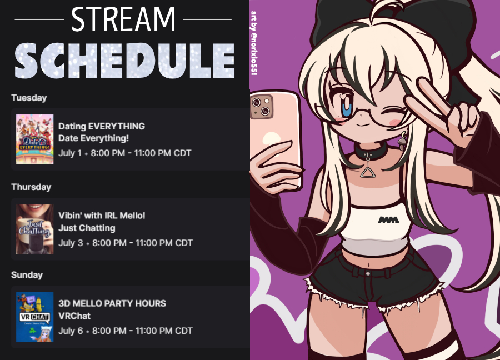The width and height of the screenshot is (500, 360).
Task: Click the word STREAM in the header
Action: [123, 19]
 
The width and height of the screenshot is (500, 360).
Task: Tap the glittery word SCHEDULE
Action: [124, 61]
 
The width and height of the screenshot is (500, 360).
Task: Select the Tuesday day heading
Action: [29, 98]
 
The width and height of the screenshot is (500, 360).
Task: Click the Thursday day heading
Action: [31, 187]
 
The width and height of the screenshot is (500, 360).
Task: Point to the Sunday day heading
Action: [27, 275]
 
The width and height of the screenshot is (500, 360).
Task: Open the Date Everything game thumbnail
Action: [35, 139]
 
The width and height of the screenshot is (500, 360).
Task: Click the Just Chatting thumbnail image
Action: [35, 229]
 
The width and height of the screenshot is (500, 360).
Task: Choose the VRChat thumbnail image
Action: [35, 317]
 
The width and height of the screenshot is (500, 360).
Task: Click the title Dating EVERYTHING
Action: [102, 126]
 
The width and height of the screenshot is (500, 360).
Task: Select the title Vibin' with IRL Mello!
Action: [102, 216]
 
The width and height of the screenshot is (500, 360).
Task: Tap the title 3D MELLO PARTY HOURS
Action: [112, 303]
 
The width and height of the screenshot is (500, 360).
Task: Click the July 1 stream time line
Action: [124, 153]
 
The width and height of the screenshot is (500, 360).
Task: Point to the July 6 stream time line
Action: [126, 331]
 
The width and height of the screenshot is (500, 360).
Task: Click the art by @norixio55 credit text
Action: [254, 43]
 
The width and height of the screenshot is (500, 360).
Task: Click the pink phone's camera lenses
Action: [261, 106]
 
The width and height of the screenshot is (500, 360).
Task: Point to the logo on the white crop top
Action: [388, 219]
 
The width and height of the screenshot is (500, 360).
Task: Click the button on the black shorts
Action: [368, 273]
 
